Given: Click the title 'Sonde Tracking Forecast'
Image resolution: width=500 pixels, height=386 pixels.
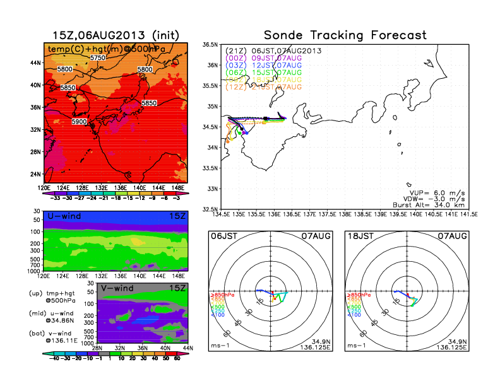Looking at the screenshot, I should coord(345,35).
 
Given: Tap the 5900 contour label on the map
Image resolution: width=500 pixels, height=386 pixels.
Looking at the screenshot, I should coord(80,121).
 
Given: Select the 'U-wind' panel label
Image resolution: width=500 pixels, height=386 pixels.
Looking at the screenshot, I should coord(63,216).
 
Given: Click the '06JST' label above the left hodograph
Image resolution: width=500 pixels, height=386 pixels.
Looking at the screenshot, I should coord(222,236).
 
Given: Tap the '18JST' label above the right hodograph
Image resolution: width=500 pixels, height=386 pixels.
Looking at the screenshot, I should coord(359,236).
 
